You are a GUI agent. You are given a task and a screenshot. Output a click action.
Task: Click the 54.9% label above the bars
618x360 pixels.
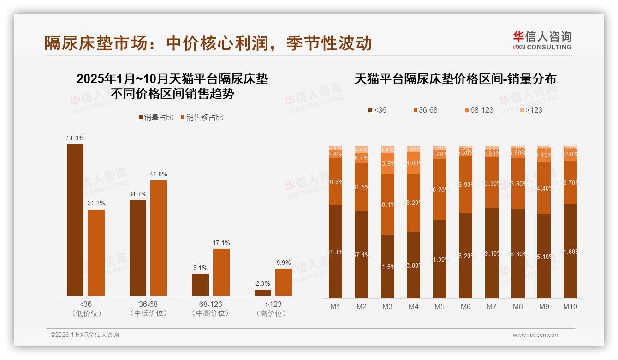click(x=75, y=138)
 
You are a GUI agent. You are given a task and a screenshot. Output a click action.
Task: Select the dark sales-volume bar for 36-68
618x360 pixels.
click(x=138, y=248)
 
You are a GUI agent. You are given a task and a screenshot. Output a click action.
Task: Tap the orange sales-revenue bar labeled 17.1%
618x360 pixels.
click(x=221, y=272)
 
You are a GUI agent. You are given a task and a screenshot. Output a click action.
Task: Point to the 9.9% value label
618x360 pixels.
click(x=284, y=263)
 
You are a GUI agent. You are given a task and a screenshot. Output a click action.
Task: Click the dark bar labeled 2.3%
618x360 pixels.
click(x=263, y=293)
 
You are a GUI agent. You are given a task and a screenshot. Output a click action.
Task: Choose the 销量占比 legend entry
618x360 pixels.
click(x=156, y=118)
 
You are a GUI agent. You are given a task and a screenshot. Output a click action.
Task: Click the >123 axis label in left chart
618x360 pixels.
click(x=273, y=305)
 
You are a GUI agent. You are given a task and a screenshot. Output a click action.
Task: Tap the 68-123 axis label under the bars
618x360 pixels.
click(x=211, y=305)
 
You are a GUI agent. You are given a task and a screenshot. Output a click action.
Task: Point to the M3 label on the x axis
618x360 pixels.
click(x=387, y=306)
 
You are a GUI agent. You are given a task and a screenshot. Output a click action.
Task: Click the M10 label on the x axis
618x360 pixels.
click(x=570, y=306)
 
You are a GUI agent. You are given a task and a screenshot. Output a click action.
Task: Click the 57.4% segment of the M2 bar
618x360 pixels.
click(x=362, y=254)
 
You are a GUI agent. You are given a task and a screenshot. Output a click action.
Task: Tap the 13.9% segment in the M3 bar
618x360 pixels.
click(x=387, y=164)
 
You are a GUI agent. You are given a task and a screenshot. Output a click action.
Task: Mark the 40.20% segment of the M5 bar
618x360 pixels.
click(x=440, y=189)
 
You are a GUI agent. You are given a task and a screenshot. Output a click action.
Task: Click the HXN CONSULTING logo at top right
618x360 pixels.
click(x=542, y=40)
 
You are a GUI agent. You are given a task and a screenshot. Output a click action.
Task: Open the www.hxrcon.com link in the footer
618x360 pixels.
click(x=536, y=335)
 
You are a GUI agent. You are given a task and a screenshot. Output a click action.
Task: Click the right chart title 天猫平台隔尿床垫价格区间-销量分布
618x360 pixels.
click(x=455, y=79)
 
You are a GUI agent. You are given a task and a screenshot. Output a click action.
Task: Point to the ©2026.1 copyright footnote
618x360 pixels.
click(x=85, y=335)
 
